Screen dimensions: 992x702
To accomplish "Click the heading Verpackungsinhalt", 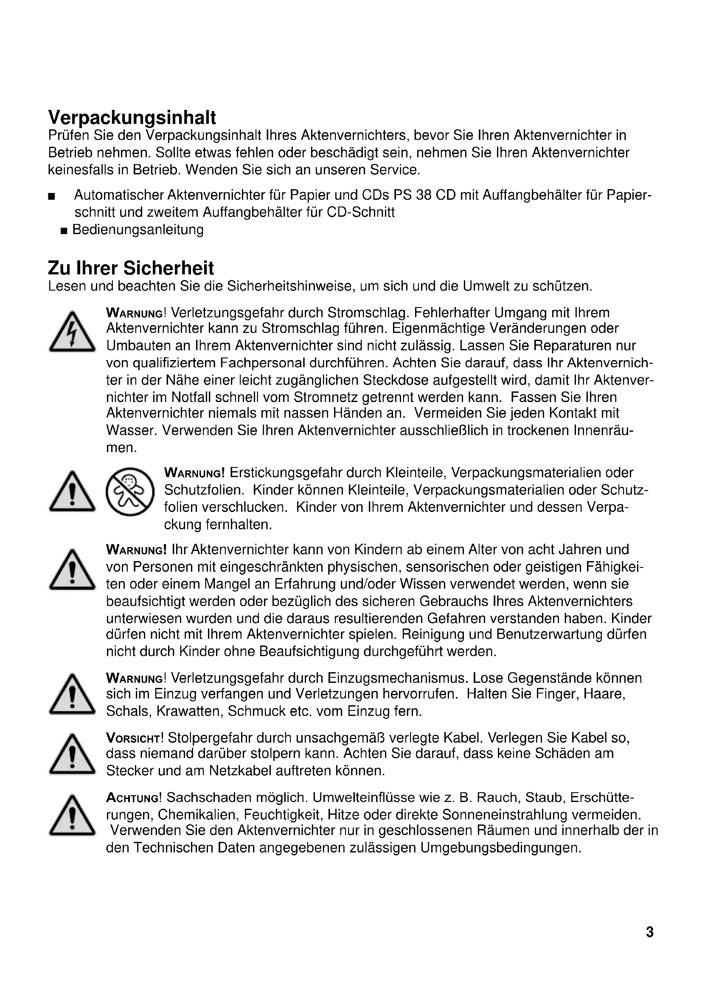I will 132,117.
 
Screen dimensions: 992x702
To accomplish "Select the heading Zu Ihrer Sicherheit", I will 131,268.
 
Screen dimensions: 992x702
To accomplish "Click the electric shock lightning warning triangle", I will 72,331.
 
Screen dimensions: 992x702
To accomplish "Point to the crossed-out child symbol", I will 130,492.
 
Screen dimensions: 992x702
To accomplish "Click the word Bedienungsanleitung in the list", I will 138,229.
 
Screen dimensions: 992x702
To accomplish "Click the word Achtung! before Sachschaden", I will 134,798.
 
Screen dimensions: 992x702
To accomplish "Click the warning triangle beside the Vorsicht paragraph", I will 72,754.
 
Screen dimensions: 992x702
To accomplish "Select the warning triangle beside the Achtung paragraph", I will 72,815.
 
